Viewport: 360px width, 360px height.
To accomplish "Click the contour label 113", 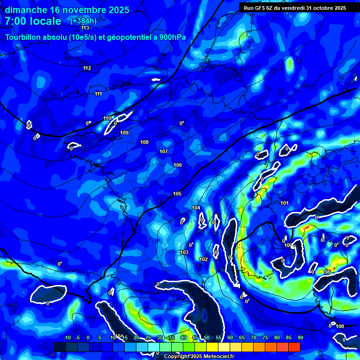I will click(x=85, y=28).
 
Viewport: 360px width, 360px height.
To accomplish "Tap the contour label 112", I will click(x=87, y=68).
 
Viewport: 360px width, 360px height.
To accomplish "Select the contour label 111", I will click(x=98, y=94).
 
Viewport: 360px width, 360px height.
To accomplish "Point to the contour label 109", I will click(x=124, y=133).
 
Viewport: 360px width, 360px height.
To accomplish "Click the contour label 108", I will click(x=144, y=142).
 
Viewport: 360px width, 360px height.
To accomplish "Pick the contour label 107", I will click(x=163, y=152).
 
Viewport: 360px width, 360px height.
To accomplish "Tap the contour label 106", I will click(x=177, y=165).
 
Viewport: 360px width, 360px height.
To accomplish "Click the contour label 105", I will click(x=177, y=194).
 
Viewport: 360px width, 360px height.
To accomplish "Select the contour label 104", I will click(x=196, y=208).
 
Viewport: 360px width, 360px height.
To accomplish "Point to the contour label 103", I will click(x=184, y=253).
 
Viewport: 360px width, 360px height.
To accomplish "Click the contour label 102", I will click(x=203, y=260).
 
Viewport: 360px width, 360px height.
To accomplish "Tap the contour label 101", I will click(x=285, y=203).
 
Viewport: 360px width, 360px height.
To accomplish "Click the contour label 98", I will click(x=327, y=272).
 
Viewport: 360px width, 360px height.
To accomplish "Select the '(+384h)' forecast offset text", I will click(x=83, y=21).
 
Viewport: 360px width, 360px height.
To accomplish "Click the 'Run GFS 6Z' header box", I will click(x=295, y=7).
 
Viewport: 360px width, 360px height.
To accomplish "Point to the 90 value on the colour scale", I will click(x=300, y=337).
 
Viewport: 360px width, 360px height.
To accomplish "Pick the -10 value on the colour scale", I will click(x=67, y=337).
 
